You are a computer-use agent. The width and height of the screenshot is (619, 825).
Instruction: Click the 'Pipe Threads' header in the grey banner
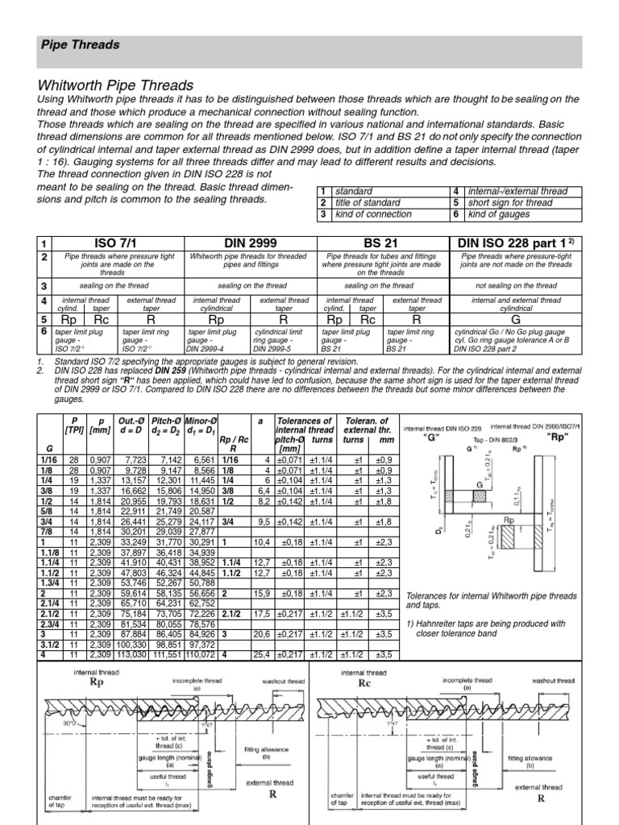tap(80, 45)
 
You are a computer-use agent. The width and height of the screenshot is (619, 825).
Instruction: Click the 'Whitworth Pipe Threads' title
tap(116, 85)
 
